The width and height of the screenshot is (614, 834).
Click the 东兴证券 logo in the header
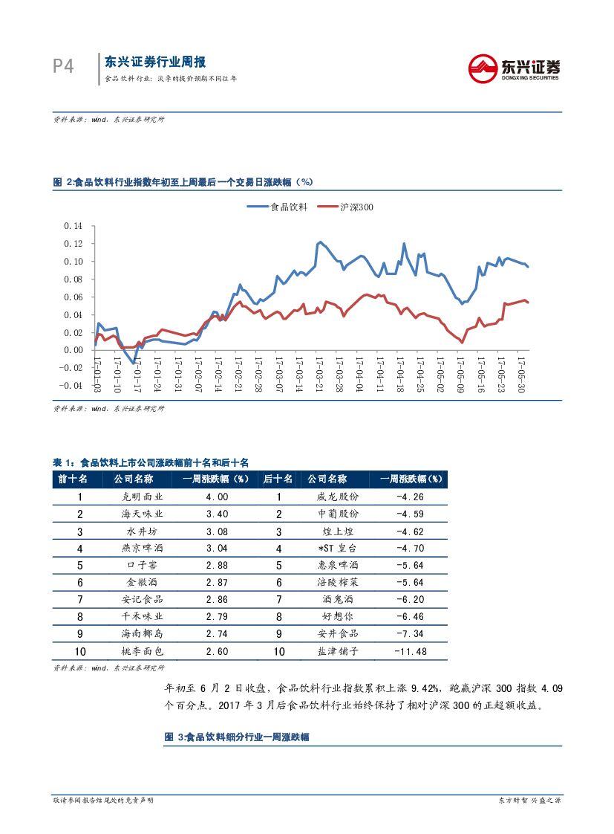pos(514,68)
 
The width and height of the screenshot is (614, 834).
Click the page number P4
pos(64,66)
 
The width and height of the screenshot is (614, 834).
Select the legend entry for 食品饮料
pos(278,207)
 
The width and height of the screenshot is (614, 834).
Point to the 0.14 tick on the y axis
pos(74,225)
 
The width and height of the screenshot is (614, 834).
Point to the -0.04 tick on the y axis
pos(72,386)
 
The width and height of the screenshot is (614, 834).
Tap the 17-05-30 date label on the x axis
pos(521,375)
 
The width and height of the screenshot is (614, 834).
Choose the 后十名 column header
pos(278,479)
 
